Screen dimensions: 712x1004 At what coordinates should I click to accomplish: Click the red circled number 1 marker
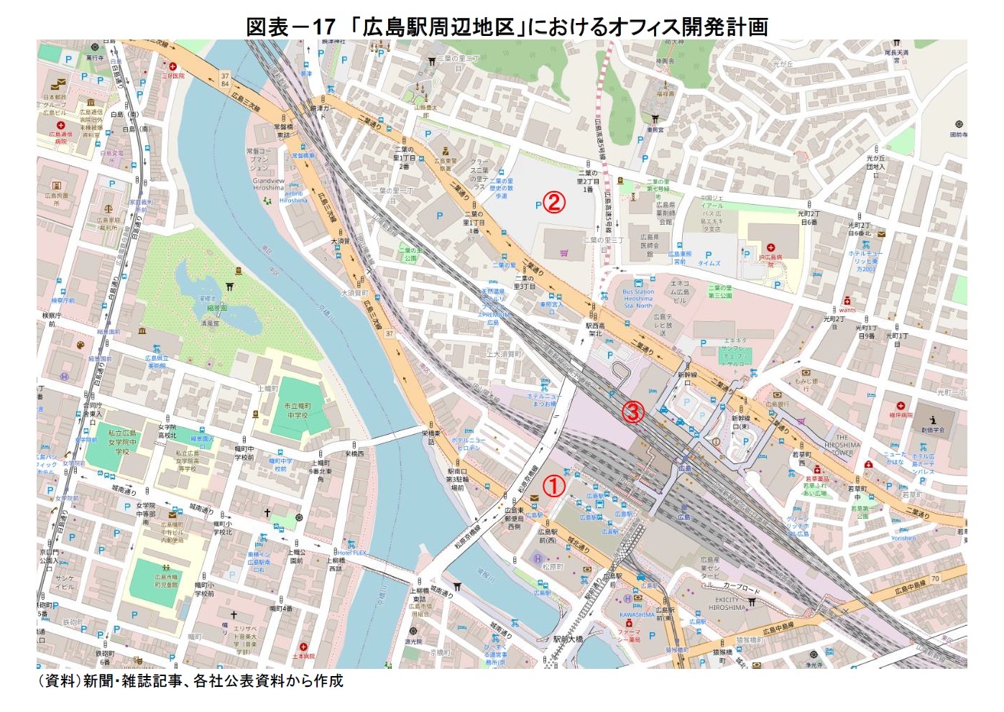point(553,486)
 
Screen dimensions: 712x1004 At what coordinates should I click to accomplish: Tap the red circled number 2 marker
point(553,203)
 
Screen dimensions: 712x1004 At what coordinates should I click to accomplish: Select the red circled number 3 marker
point(632,412)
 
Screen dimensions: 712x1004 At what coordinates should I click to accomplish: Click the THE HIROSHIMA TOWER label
point(842,445)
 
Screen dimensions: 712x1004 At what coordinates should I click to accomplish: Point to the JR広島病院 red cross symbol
point(770,247)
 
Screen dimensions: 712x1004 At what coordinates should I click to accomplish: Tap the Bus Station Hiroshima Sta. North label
point(638,298)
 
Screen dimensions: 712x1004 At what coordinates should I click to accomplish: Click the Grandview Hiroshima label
point(268,184)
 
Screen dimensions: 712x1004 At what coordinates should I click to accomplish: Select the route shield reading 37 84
point(225,79)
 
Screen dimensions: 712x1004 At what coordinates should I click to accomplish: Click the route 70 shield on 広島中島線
point(935,578)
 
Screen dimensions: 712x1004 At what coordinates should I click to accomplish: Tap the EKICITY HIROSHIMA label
point(727,603)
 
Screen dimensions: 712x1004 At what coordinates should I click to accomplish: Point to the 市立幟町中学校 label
point(297,410)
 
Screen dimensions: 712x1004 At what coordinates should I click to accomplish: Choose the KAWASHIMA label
point(637,614)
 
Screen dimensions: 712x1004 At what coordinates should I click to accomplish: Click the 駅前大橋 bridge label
point(568,639)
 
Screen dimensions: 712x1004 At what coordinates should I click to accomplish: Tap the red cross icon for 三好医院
point(172,67)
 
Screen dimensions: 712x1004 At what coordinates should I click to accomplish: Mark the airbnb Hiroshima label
point(293,197)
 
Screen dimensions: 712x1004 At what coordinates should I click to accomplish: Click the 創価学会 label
point(933,430)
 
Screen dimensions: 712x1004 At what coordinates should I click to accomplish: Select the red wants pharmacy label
point(847,310)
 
